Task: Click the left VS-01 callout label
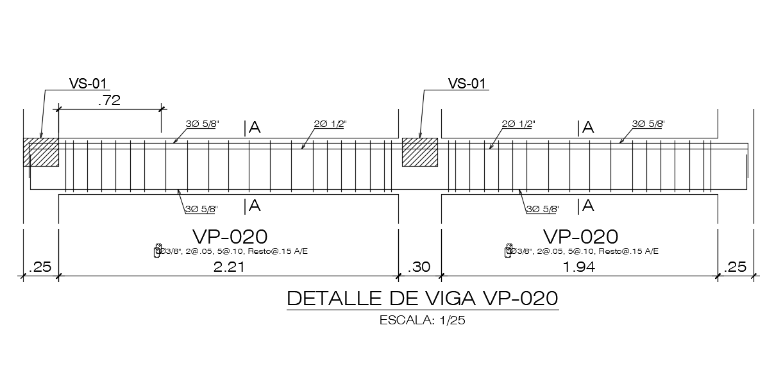tap(88, 83)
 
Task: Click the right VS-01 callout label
tap(467, 83)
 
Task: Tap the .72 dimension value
tap(108, 100)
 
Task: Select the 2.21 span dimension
tap(228, 267)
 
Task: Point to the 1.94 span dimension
tap(578, 267)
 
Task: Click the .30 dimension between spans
tap(419, 267)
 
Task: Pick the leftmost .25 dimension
tap(40, 267)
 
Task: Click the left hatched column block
tap(40, 152)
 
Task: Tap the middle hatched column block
tap(419, 152)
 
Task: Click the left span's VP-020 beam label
tap(229, 236)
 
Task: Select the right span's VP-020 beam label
tap(580, 236)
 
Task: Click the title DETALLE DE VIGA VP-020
tap(422, 299)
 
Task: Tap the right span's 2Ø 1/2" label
tap(518, 124)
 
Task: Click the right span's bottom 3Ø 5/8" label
tap(542, 209)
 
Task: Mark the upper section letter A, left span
tap(255, 128)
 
